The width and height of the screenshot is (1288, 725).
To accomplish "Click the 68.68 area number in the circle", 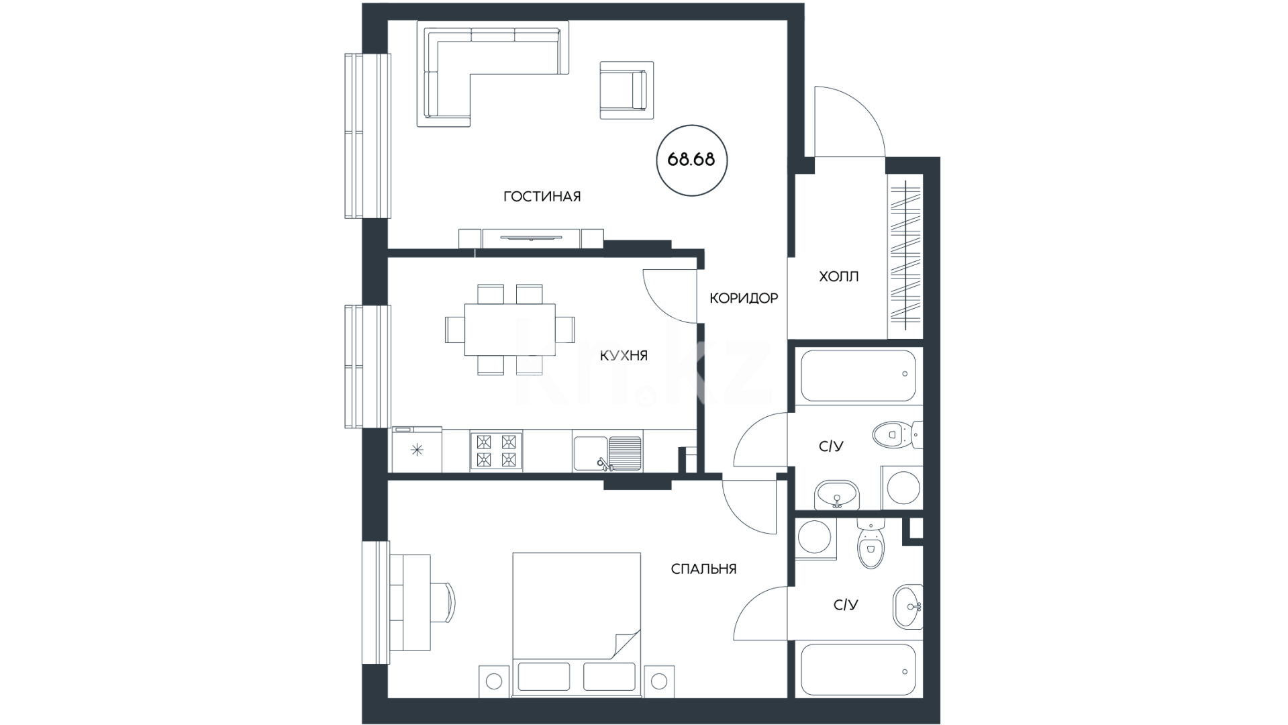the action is pos(691,160).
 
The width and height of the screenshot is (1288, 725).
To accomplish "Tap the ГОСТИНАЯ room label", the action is pos(542,197).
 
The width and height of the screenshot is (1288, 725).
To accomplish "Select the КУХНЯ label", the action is pos(624,356).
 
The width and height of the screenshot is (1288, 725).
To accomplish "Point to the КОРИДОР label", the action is pos(744,298).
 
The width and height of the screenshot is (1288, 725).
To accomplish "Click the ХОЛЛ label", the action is pos(838,277).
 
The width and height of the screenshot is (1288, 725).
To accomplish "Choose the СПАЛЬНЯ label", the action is pos(703,569).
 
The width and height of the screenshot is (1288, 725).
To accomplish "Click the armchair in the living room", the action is pos(626,90).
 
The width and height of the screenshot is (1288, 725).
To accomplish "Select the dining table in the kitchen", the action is pos(510,330).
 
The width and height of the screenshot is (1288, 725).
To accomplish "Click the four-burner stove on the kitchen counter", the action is pos(496,450).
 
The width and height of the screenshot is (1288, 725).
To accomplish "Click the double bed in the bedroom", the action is pos(577,625).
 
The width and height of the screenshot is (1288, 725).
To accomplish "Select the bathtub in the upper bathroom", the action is pos(858,376).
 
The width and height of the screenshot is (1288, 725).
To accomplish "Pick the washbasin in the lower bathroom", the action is pos(907,607).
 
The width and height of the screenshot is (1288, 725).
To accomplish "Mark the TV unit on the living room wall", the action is pos(531,238).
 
